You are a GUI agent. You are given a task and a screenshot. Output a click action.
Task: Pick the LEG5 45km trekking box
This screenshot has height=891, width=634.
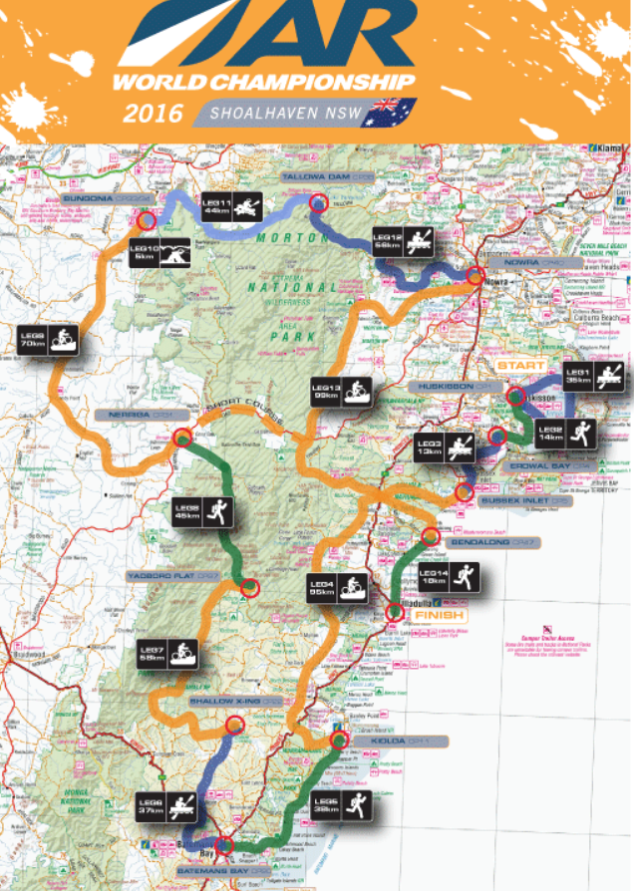203,510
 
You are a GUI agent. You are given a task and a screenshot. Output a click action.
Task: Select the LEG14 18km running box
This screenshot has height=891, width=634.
448,578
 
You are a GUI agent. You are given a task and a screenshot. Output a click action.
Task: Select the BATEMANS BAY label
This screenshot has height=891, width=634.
224,870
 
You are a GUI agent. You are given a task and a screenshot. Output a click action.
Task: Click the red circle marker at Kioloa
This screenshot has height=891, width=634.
339,741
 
